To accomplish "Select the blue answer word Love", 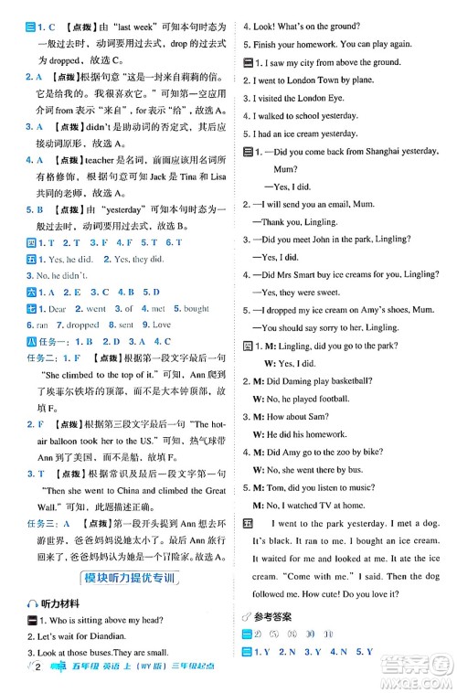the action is click(x=160, y=324).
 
